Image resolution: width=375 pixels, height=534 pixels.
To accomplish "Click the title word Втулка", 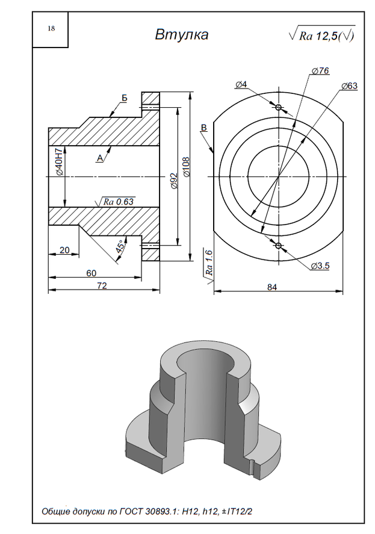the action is [x=182, y=35].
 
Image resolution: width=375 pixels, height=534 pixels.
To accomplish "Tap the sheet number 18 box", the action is [x=51, y=29].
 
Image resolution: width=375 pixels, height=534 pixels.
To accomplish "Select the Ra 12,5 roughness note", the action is [x=322, y=36].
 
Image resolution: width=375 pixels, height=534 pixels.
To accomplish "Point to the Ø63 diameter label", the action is [x=349, y=86].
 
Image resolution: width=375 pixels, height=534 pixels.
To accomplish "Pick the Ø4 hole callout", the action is [x=241, y=84].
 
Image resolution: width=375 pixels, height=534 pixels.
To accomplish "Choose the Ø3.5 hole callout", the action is [x=320, y=265].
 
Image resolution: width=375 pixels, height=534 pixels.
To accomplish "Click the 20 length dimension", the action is [x=64, y=250].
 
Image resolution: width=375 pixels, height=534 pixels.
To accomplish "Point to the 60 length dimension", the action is [x=91, y=273].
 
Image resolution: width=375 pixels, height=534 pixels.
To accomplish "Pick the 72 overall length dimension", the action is [x=102, y=286].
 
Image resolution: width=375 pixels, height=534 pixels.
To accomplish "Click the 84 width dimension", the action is [x=272, y=287].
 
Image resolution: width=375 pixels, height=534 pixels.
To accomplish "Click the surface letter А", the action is [x=99, y=158].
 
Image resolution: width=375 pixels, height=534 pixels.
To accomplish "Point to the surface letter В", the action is [x=203, y=128].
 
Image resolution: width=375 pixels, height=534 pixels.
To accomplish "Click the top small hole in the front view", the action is [x=278, y=108].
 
